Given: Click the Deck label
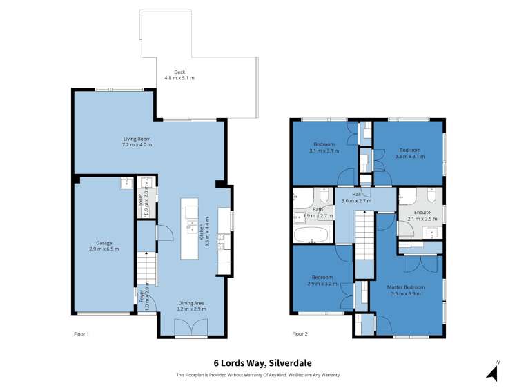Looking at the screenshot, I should click(179, 75).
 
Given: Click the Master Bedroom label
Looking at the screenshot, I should click(406, 290).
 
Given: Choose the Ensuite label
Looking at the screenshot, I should click(422, 215).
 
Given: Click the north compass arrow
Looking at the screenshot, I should click(493, 373).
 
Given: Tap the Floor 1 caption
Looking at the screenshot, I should click(81, 334).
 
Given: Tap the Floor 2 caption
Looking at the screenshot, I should click(300, 334).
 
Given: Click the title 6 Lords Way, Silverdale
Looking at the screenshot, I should click(258, 363).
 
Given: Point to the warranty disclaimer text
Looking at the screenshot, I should click(258, 375).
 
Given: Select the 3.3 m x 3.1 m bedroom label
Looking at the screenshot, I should click(409, 153).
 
